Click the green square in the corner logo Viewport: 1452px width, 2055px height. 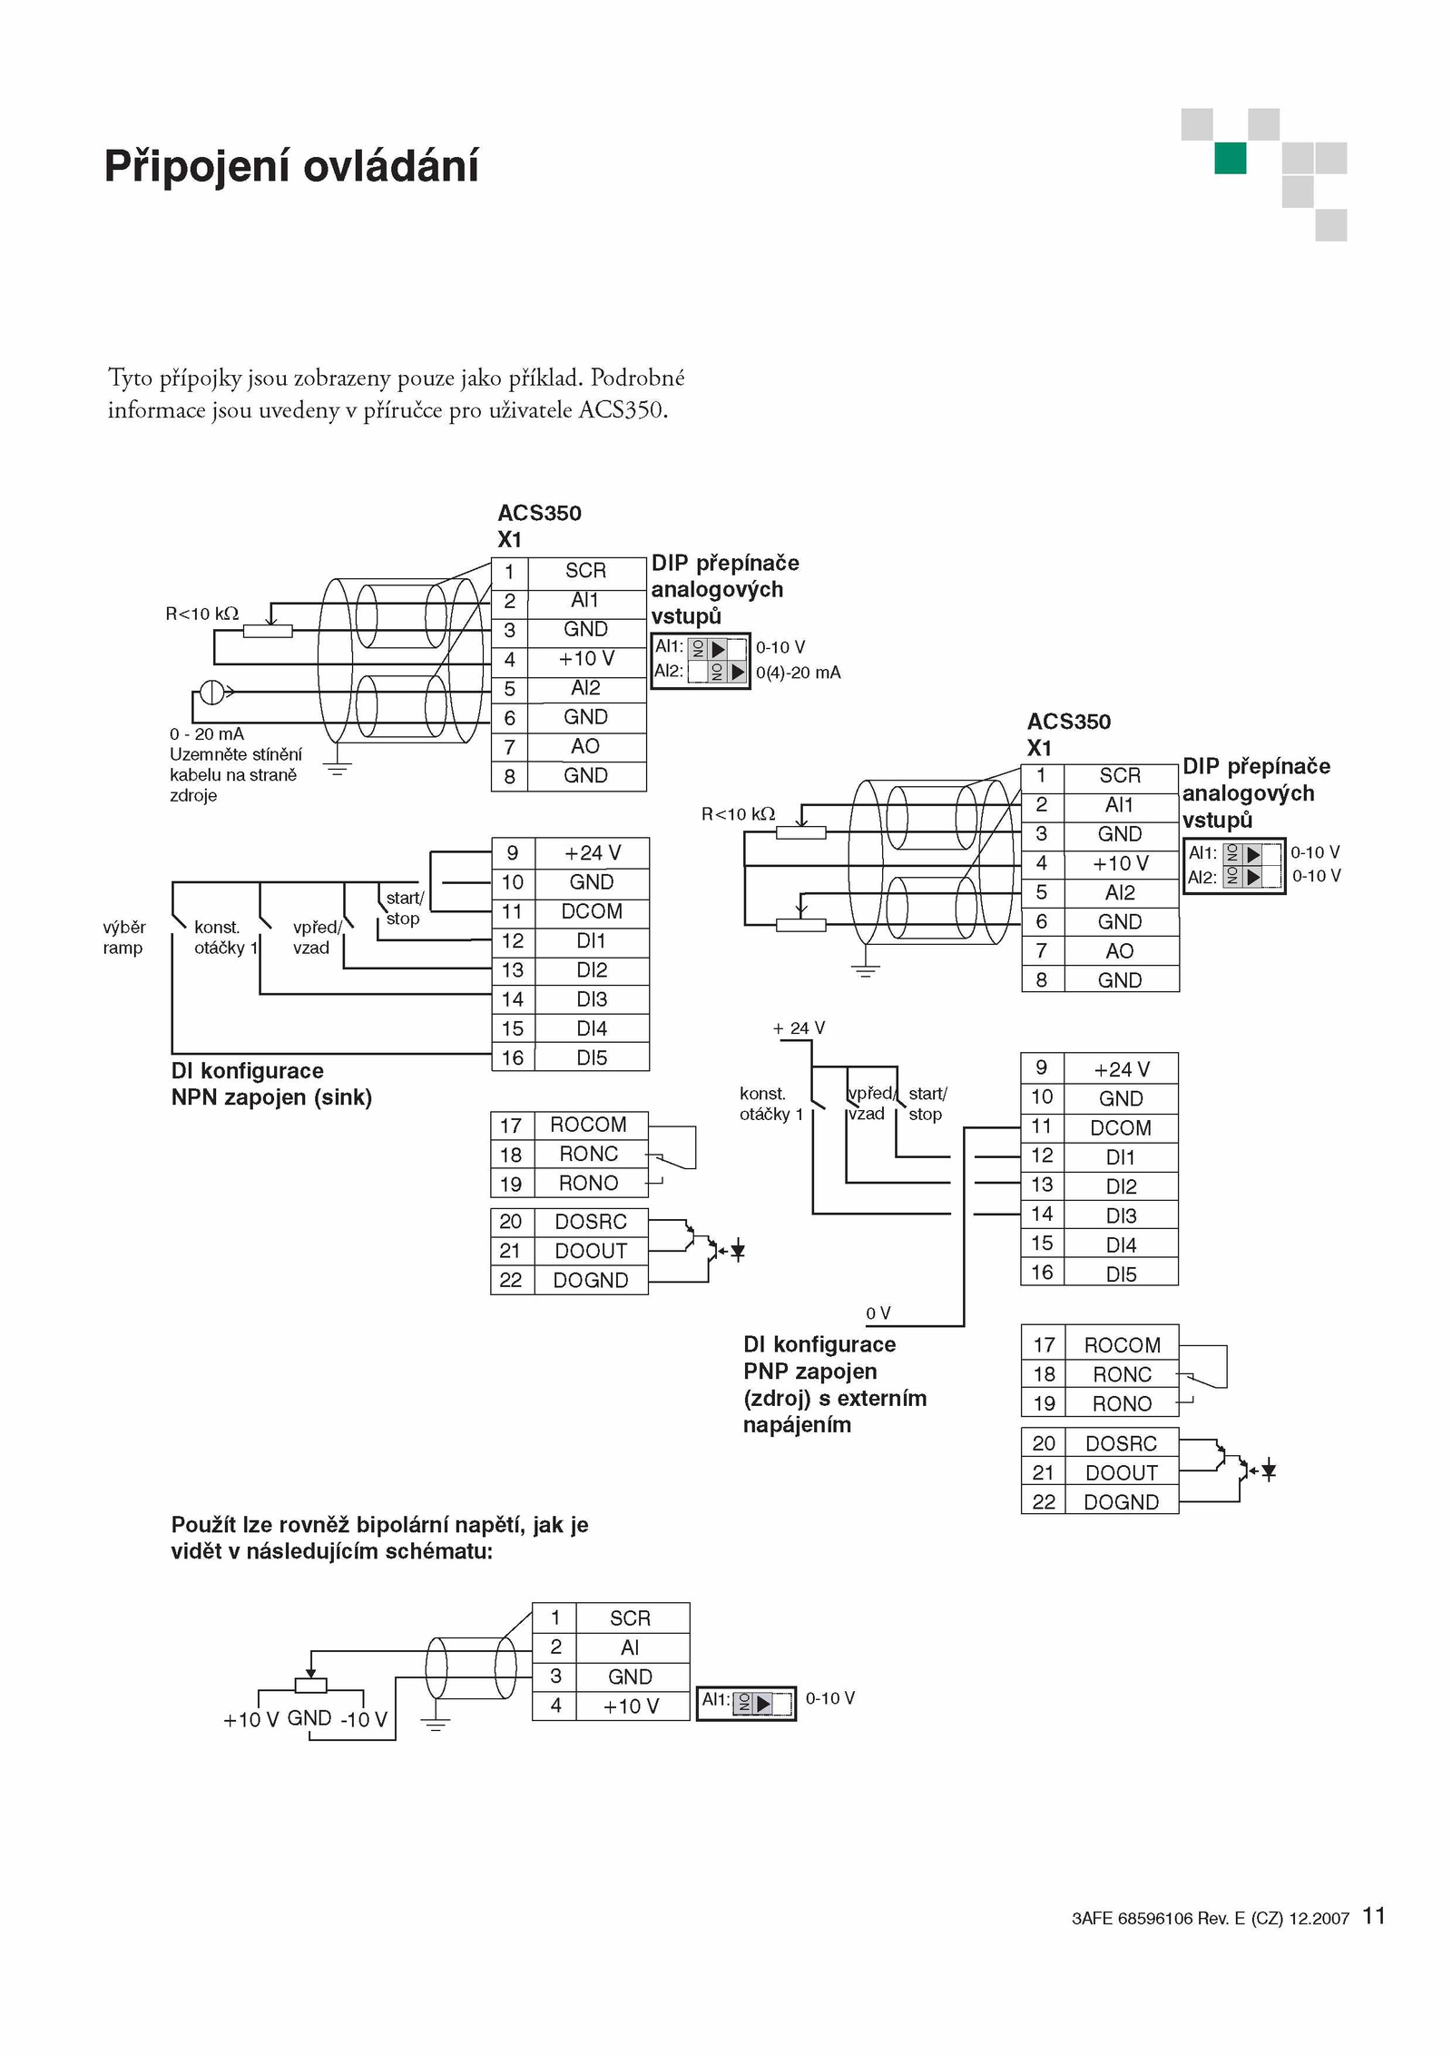point(1231,158)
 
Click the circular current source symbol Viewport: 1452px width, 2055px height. point(211,693)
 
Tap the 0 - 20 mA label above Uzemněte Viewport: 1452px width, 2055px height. point(207,734)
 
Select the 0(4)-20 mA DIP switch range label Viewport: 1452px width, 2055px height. point(798,673)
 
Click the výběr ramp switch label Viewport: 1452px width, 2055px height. point(124,938)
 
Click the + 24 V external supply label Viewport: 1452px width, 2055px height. point(799,1028)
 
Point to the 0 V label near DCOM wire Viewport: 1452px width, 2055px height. point(878,1313)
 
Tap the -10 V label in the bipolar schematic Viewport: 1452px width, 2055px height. point(363,1719)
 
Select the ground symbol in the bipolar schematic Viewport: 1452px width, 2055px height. point(436,1724)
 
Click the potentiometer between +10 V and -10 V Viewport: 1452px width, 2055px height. point(310,1686)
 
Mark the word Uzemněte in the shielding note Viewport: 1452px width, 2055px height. point(206,754)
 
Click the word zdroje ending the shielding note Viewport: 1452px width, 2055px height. point(193,796)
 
